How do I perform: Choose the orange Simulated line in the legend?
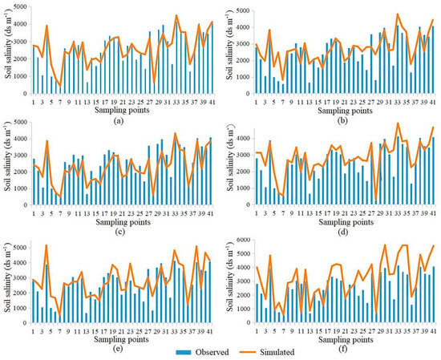(x=239, y=350)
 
